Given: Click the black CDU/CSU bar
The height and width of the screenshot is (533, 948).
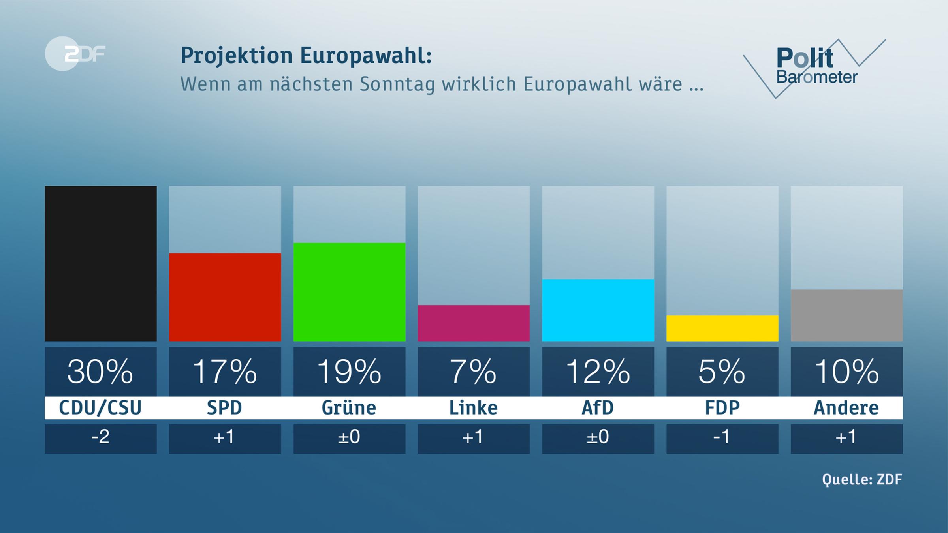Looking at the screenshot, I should pos(100,263).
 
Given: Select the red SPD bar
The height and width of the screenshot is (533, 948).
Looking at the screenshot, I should pos(225,297).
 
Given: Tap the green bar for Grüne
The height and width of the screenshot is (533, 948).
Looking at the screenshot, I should pos(349,292).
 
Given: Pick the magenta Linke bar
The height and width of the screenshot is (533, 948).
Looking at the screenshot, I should pos(474,323).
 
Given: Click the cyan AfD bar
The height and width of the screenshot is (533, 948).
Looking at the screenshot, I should pos(598,310).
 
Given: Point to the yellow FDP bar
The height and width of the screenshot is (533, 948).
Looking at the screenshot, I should pos(722,328).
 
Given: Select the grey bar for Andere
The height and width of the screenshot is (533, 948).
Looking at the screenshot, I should pos(846,315).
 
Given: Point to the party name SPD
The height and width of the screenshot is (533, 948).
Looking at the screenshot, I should pos(225,408).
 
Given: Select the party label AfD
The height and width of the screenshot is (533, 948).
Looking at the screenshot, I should pos(598,408).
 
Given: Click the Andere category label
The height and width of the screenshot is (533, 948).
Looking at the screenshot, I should pos(846,408).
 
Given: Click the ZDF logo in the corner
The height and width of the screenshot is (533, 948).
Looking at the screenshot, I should pos(75,54).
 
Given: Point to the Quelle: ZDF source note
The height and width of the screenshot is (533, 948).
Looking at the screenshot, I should pos(862,480).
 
